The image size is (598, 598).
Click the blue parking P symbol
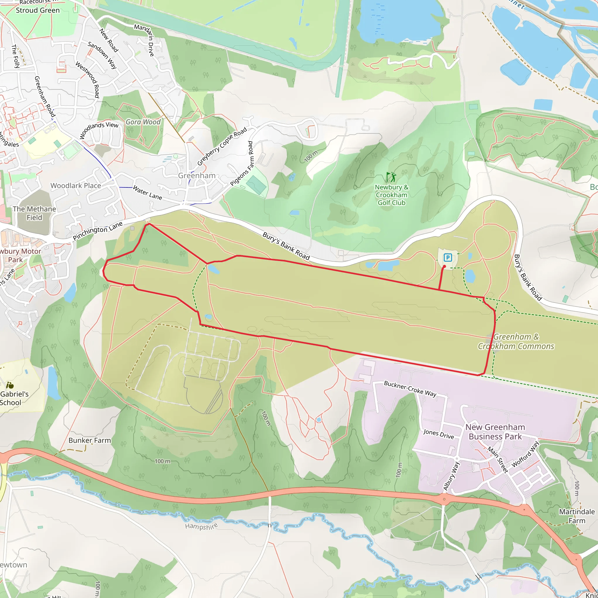tap(448, 257)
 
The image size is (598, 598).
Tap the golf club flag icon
tap(391, 177)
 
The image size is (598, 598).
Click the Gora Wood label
tap(143, 122)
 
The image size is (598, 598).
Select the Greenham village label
tap(197, 175)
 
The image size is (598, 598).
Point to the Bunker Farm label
tap(89, 440)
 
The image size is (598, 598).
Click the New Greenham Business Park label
tap(495, 432)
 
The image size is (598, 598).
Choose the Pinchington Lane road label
tap(98, 231)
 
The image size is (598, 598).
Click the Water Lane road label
tap(147, 192)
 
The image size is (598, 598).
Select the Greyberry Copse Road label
tap(222, 146)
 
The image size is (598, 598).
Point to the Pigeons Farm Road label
tap(242, 164)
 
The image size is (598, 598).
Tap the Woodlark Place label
tap(76, 186)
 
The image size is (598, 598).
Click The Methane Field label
tap(34, 213)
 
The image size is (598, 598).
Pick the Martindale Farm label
tap(577, 516)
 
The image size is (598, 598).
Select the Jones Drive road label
tap(438, 434)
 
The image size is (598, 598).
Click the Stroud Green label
tap(38, 11)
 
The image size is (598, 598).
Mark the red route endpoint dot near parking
tap(444, 266)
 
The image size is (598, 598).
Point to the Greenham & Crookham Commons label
tap(516, 341)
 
